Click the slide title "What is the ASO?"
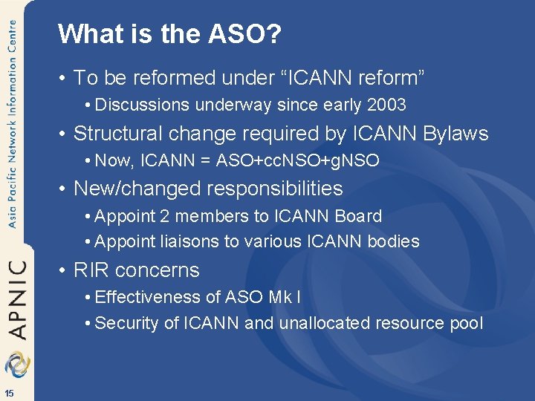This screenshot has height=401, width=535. click(170, 34)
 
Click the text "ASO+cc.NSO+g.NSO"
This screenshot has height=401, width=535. click(297, 160)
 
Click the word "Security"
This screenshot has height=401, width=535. click(123, 323)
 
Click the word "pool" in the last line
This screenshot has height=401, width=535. click(467, 323)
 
